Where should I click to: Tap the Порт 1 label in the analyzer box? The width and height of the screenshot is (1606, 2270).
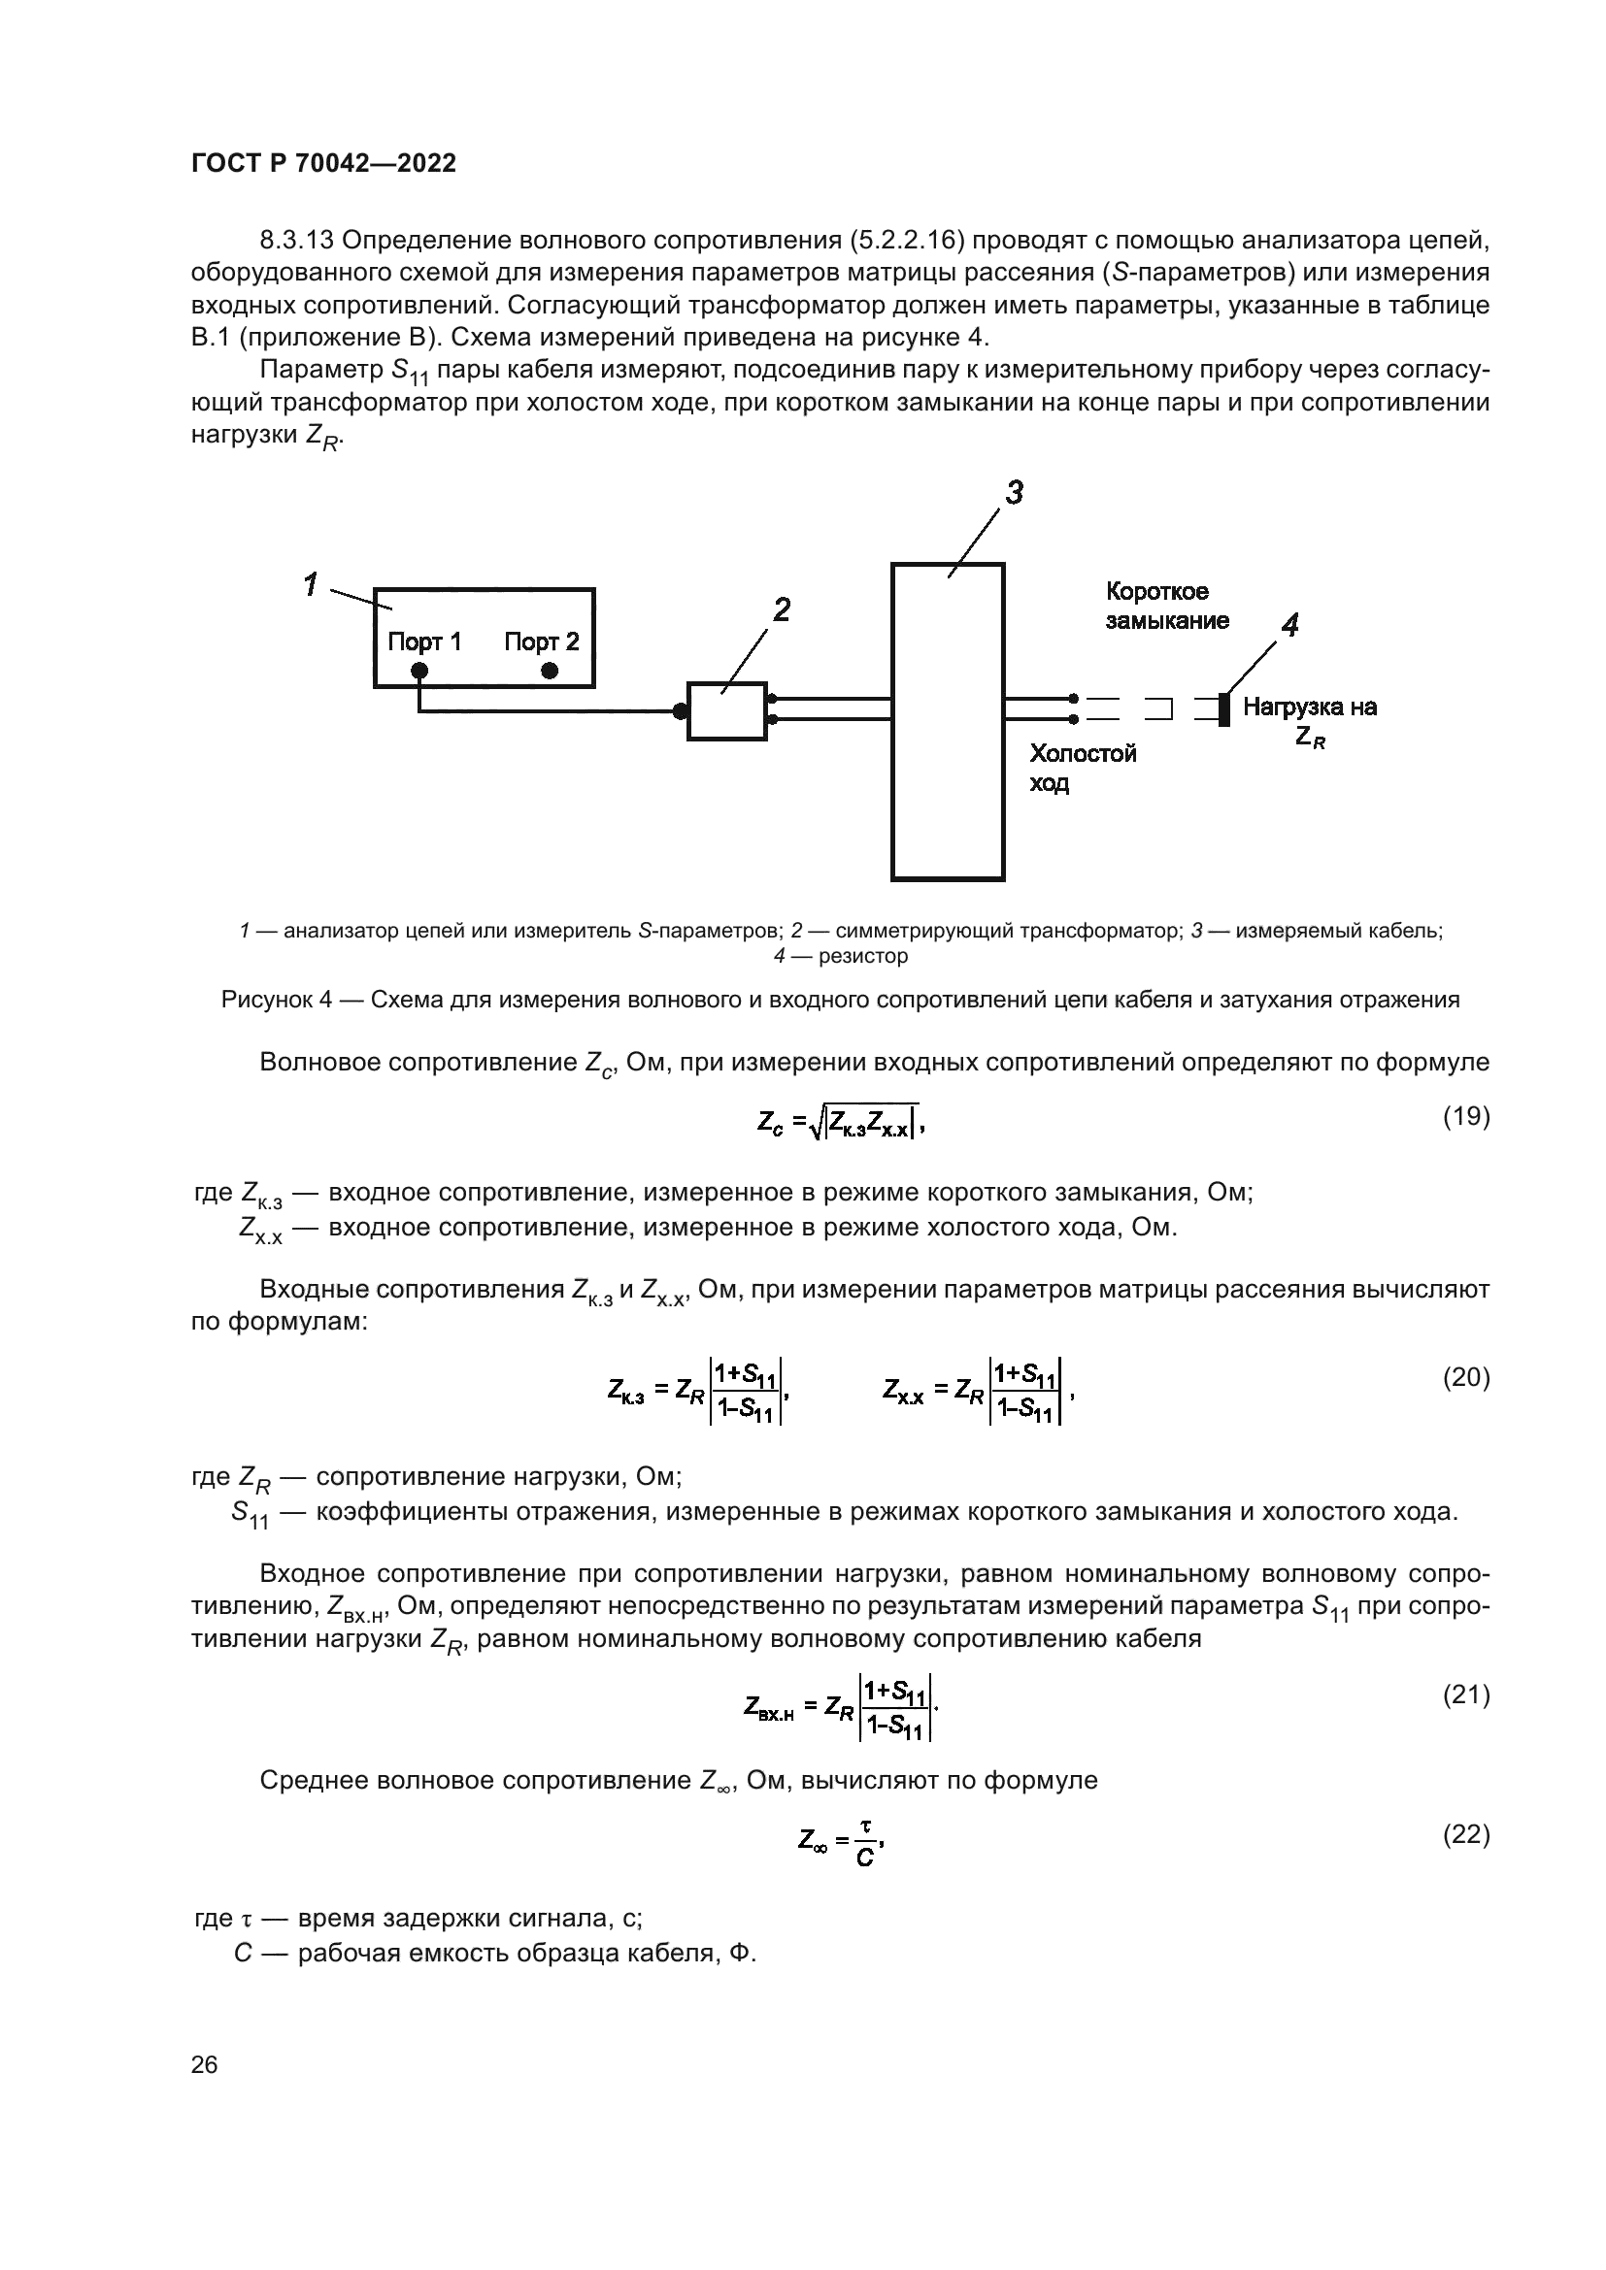coord(424,642)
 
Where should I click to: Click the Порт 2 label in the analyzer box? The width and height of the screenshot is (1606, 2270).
coord(541,642)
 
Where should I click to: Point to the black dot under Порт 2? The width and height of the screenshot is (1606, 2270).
coord(550,671)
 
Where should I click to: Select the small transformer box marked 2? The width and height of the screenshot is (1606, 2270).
coord(727,709)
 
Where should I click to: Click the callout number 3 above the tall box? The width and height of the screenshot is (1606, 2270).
coord(1014,492)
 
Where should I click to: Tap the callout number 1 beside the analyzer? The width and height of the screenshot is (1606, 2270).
coord(311,584)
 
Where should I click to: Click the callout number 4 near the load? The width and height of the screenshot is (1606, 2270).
coord(1289,625)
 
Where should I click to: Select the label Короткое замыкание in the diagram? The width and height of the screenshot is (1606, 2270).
coord(1167,606)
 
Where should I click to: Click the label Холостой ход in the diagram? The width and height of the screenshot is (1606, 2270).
coord(1083,769)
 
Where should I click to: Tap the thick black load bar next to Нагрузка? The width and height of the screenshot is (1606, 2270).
coord(1224,708)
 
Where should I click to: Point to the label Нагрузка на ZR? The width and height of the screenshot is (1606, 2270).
coord(1309,721)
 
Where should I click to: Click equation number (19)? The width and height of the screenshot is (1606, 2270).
coord(1465,1116)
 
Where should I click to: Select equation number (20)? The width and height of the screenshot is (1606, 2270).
coord(1465,1377)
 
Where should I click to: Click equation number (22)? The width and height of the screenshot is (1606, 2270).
coord(1465,1834)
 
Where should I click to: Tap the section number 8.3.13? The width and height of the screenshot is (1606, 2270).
coord(300,241)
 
